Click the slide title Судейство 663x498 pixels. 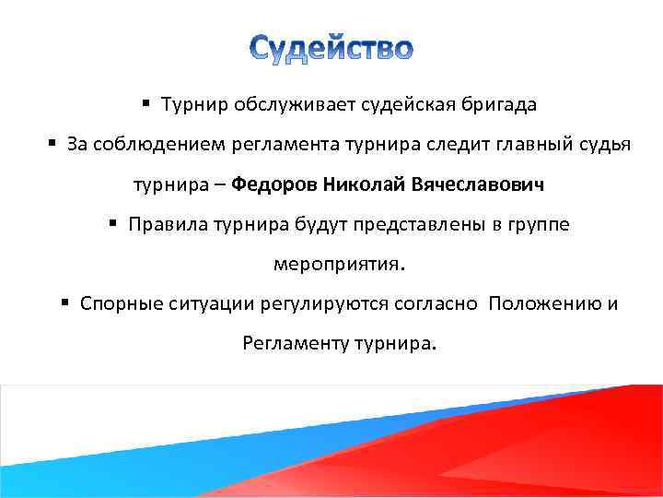(x=331, y=48)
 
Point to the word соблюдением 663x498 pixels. (x=142, y=145)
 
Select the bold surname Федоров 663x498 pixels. (x=273, y=184)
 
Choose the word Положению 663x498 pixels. (x=545, y=303)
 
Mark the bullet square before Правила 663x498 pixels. (x=112, y=224)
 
